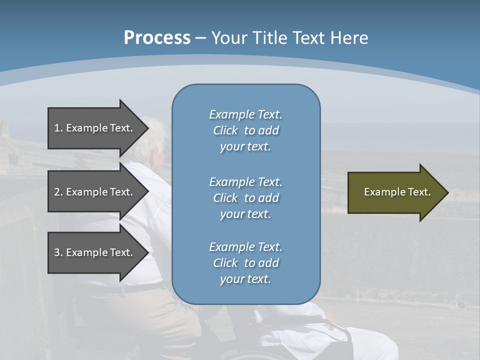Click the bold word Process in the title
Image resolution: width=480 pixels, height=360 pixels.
(157, 38)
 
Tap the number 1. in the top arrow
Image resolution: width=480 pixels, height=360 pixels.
(58, 128)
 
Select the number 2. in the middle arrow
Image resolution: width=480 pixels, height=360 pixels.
(58, 192)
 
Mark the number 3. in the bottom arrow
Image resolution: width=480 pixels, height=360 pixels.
(58, 252)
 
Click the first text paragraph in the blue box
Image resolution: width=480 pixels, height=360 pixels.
(245, 130)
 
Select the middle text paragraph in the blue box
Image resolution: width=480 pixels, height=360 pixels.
(245, 197)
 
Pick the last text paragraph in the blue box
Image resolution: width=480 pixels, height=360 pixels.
(245, 263)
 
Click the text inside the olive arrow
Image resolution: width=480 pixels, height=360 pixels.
(397, 192)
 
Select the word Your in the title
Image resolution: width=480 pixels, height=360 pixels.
(228, 38)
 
